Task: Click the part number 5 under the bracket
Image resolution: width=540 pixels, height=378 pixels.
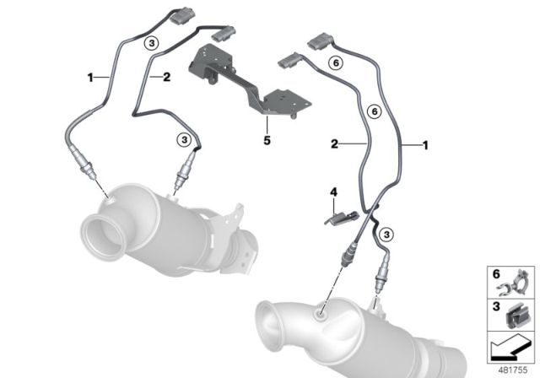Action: click(x=265, y=140)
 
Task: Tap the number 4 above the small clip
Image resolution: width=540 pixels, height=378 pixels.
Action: click(x=333, y=193)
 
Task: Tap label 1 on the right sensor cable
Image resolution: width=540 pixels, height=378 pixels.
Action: click(x=425, y=145)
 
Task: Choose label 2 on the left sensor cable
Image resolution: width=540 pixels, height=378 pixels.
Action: click(x=167, y=77)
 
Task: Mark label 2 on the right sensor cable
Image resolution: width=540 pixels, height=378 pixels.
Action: click(x=334, y=145)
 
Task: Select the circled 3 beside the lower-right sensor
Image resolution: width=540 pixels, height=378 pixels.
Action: click(x=386, y=233)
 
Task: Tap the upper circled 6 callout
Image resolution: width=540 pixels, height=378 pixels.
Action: click(x=334, y=62)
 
